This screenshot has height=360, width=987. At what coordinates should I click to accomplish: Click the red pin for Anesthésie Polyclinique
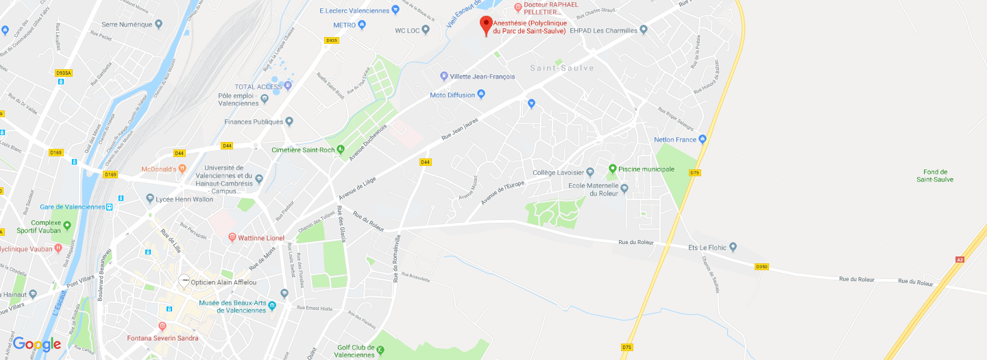(x=486, y=25)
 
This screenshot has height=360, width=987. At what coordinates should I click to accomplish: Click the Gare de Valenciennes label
(x=72, y=206)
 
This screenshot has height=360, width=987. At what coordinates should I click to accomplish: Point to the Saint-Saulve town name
(x=562, y=68)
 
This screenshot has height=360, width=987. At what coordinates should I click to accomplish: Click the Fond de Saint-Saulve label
(x=935, y=176)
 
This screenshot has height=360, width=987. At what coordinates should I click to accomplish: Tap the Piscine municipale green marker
(x=613, y=169)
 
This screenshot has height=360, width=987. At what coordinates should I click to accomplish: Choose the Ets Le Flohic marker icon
(x=733, y=247)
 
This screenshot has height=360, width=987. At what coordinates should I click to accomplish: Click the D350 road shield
(x=761, y=266)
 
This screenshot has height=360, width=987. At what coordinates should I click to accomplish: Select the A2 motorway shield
(x=960, y=259)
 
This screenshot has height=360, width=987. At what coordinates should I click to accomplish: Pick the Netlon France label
(x=675, y=139)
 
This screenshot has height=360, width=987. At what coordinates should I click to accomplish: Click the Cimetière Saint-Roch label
(x=303, y=149)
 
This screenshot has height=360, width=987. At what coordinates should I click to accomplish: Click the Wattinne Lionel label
(x=261, y=238)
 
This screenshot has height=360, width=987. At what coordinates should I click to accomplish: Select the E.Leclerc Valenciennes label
(x=354, y=10)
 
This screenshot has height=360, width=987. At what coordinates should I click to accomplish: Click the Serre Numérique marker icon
(x=159, y=24)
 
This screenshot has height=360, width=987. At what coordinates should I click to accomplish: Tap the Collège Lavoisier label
(x=558, y=172)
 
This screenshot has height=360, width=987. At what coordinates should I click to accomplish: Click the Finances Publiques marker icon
(x=289, y=122)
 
